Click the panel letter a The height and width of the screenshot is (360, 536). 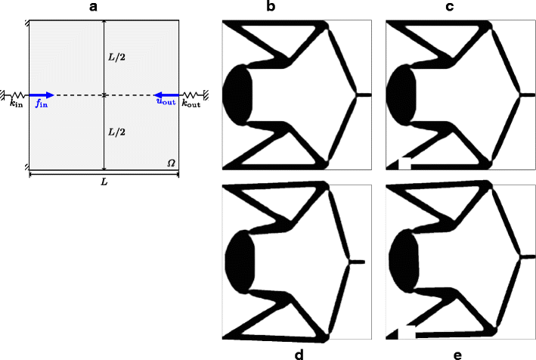tap(104, 7)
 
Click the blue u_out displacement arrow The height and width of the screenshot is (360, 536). tap(166, 95)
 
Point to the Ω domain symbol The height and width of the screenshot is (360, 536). tap(171, 163)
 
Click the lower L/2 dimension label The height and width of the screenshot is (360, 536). tap(116, 132)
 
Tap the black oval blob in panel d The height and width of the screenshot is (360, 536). tap(238, 260)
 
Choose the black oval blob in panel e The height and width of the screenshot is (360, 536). tap(404, 260)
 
